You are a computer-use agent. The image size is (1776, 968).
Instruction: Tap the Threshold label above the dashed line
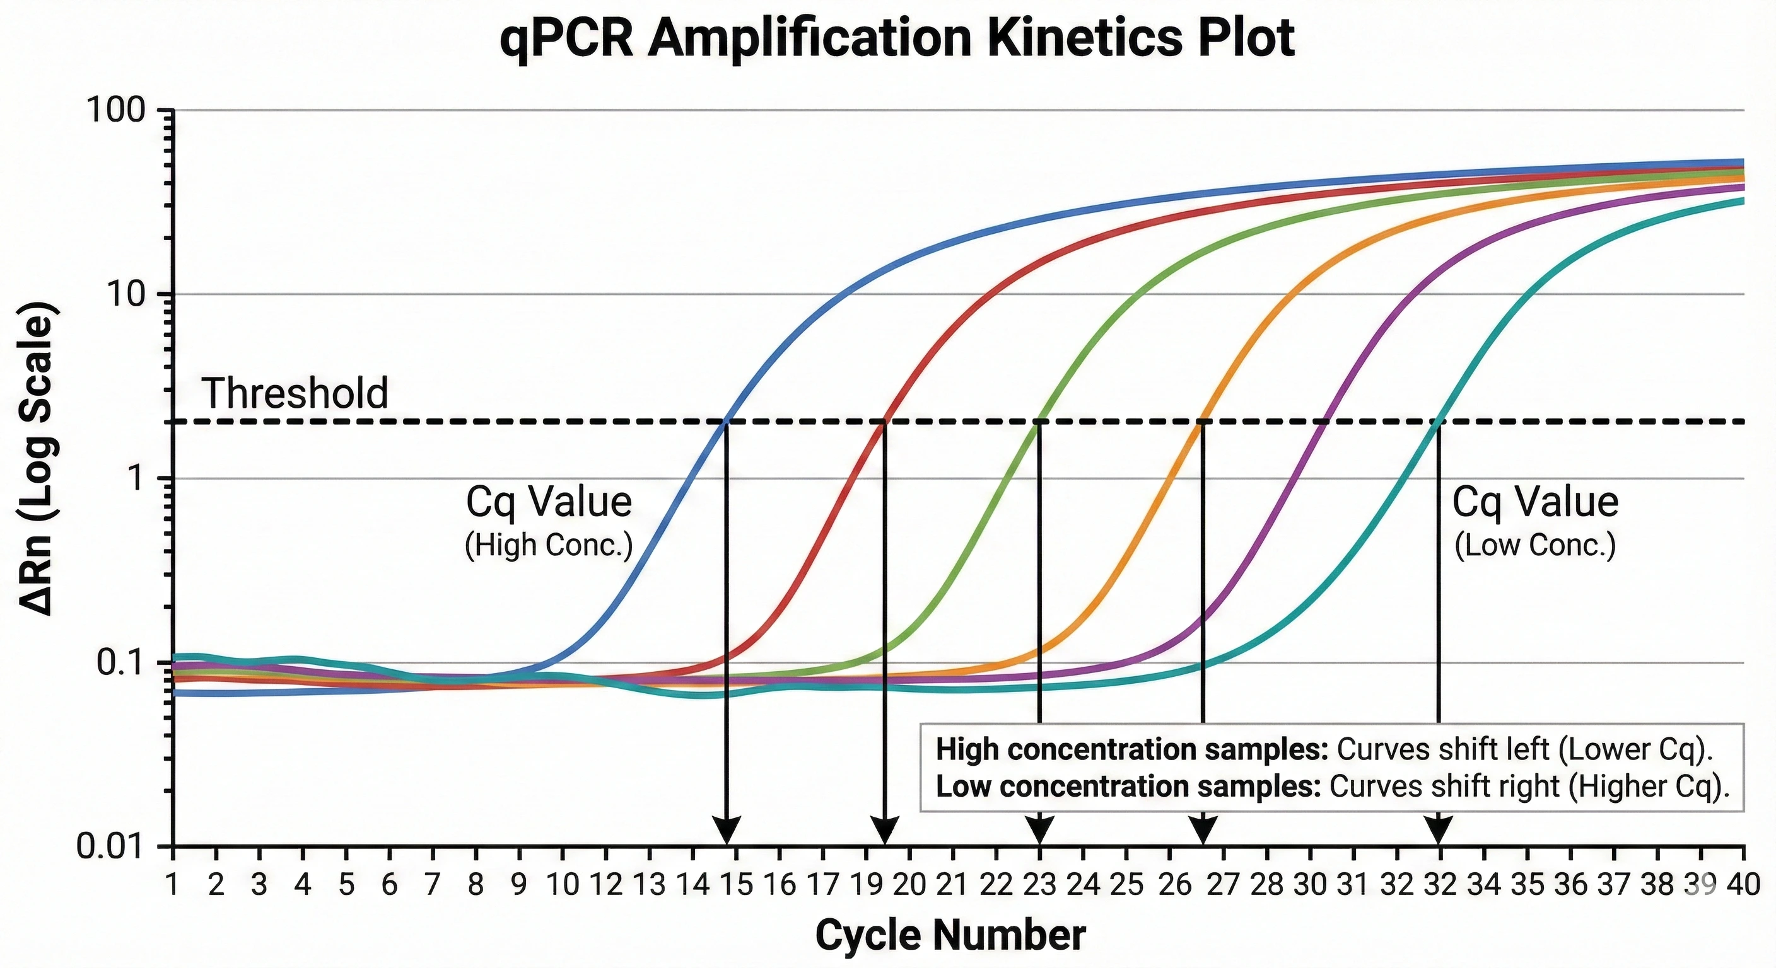(295, 393)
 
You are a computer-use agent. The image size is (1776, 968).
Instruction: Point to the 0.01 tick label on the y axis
(110, 846)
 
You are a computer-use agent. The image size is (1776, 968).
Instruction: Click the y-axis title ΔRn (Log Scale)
(37, 458)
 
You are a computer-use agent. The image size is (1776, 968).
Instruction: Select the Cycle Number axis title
(950, 936)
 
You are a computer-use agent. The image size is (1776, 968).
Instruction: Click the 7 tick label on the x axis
(432, 885)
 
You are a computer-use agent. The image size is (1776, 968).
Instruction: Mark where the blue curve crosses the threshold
(726, 421)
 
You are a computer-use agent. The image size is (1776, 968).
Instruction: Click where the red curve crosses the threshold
(885, 421)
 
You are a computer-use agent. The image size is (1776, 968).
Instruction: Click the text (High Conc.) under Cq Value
(548, 546)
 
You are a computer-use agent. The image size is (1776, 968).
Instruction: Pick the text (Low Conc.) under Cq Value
(1534, 546)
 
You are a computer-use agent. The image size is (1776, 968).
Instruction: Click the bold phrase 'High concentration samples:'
(1131, 749)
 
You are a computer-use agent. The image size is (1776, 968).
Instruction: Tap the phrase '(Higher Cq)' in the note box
(1648, 786)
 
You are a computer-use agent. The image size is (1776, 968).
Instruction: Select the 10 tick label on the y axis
(128, 295)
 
